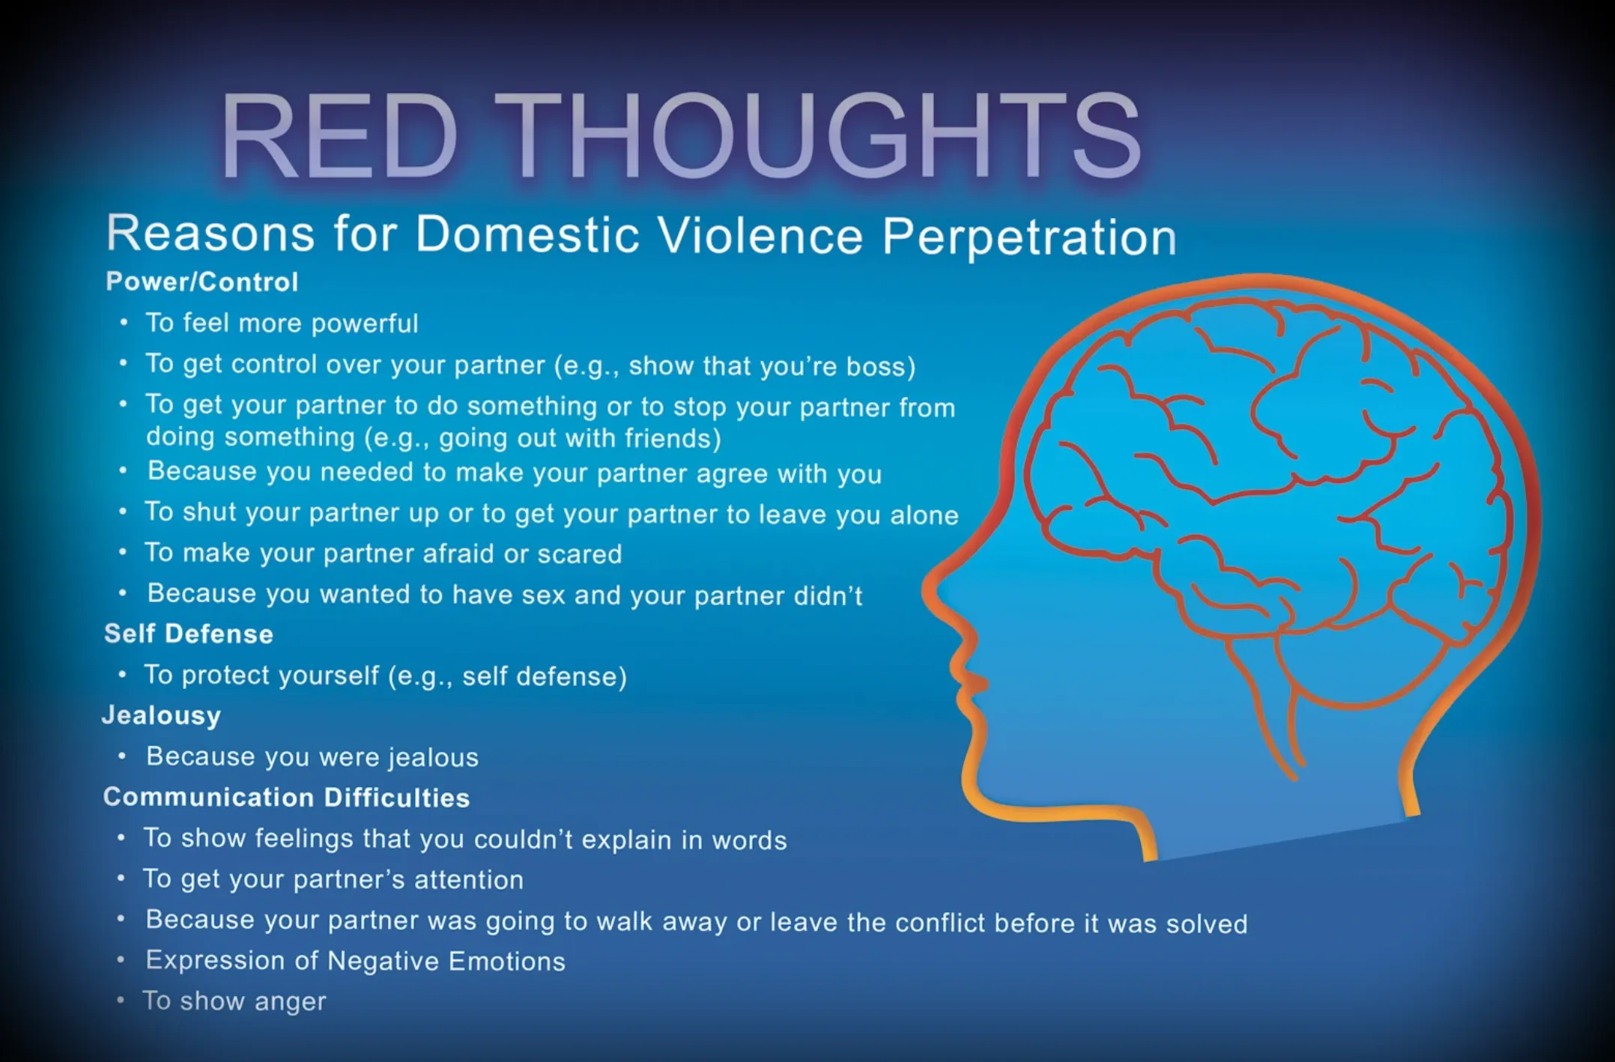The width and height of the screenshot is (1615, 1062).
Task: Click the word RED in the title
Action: point(339,136)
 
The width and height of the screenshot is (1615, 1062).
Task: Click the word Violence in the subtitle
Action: point(761,235)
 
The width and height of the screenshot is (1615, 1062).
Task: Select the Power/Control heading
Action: point(202,282)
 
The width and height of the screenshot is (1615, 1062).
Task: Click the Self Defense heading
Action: point(189,634)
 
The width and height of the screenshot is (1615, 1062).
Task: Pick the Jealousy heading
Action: point(161,716)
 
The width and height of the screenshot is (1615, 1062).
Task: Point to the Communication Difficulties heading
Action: point(287,797)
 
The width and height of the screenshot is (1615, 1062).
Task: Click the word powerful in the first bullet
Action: point(365,324)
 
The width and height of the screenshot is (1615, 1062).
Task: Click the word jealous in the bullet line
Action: point(434,757)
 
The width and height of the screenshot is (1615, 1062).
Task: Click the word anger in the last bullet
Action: point(290,1002)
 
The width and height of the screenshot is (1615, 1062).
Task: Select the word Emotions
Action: point(506,961)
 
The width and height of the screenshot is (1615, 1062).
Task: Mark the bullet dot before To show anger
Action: point(121,1000)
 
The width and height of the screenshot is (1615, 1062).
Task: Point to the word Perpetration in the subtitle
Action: point(1029,238)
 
